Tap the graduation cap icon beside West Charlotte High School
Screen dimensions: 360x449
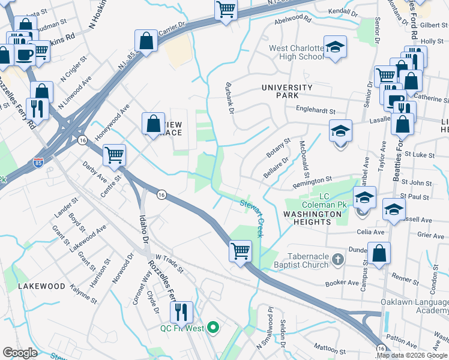336,47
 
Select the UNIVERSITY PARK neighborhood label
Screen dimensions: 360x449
287,92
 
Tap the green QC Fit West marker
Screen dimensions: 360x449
212,328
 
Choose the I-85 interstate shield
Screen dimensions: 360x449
38,162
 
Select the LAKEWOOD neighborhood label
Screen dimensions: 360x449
41,286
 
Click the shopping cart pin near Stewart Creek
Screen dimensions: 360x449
241,250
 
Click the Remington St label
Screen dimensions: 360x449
312,180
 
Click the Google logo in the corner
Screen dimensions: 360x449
20,353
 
